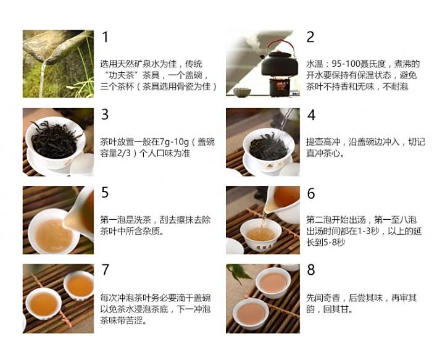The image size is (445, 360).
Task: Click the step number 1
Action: point(106,37)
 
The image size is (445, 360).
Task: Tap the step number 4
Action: point(311,115)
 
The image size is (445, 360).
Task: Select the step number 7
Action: point(106,270)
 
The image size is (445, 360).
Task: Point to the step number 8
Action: point(311,269)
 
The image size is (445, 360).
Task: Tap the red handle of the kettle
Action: point(280,46)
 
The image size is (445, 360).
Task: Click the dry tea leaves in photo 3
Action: point(54,139)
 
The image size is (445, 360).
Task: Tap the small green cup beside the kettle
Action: point(242,92)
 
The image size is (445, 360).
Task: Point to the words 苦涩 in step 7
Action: point(134,320)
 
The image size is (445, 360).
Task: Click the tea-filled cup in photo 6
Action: point(260,235)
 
